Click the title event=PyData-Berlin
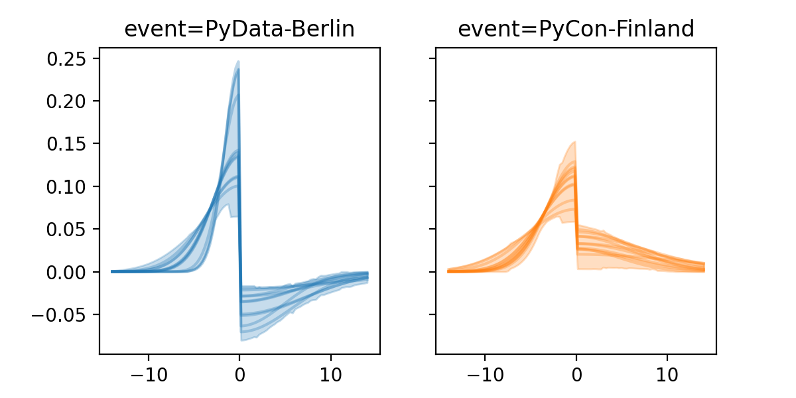coord(239,29)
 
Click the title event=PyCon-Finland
coord(576,29)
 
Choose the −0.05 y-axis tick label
coord(60,314)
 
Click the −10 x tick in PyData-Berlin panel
coord(148,372)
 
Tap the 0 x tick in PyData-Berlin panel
coord(239,372)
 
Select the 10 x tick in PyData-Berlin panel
coord(331,372)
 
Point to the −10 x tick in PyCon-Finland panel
coord(484,372)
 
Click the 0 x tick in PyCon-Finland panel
coord(576,372)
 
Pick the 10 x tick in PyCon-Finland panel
coord(667,372)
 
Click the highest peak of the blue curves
coord(237,62)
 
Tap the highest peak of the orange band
coord(574,142)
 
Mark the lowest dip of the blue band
coord(242,340)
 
